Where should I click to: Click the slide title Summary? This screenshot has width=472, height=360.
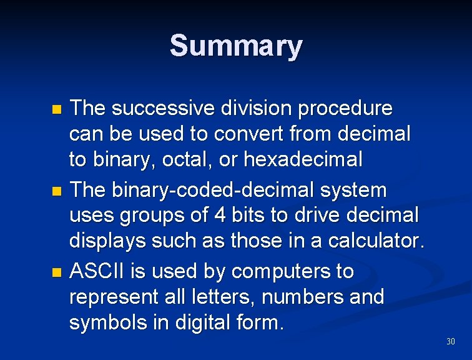(x=236, y=46)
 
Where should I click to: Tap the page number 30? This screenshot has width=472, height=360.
(x=451, y=341)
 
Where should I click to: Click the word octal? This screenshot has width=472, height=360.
(x=182, y=160)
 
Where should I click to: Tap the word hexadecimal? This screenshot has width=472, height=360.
(x=303, y=160)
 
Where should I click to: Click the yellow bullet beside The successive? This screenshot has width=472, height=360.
(x=57, y=110)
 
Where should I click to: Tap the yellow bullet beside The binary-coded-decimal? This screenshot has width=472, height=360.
(x=57, y=191)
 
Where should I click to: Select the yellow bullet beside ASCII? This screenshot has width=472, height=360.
(x=57, y=272)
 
